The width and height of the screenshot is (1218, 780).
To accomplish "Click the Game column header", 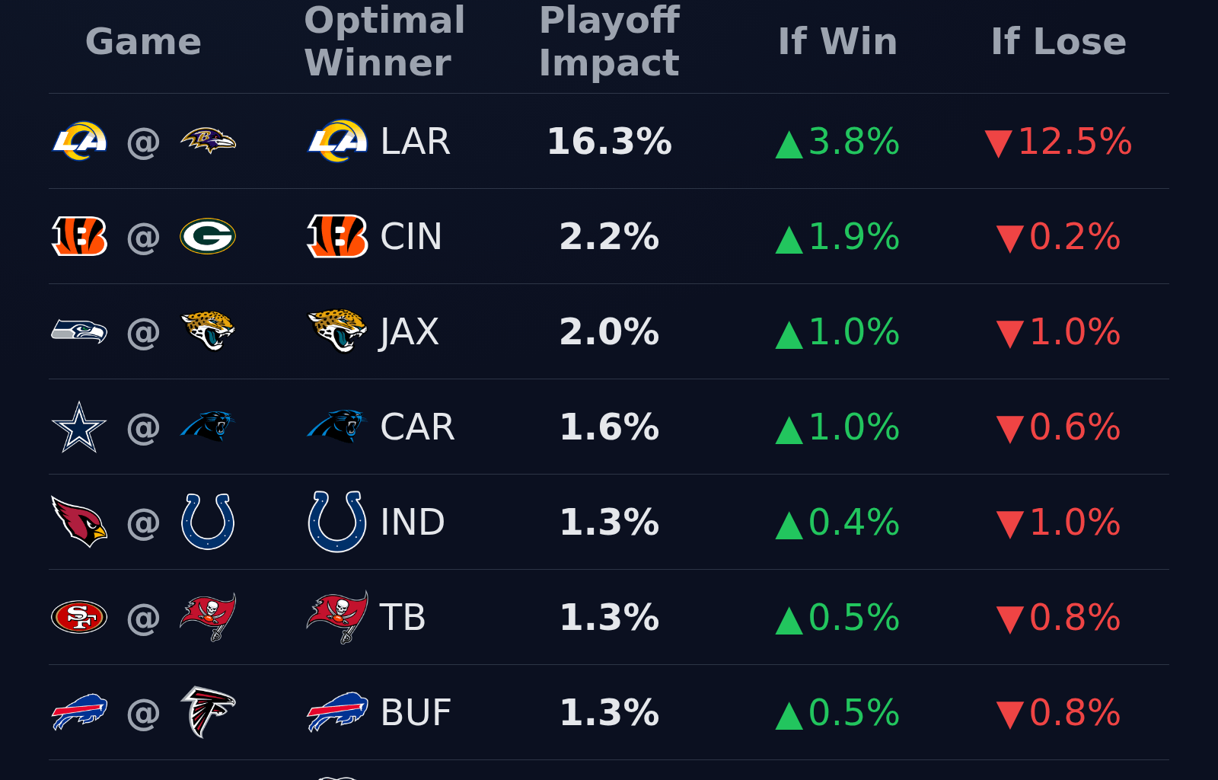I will coord(143,41).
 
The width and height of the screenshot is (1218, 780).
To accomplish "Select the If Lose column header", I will coord(1058,41).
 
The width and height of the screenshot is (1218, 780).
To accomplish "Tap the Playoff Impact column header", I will coord(609,41).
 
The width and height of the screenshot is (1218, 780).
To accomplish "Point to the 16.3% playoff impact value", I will coord(609,142).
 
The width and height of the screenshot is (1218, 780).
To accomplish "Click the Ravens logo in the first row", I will coord(208,141).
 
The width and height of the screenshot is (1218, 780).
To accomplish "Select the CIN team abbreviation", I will coord(411,237).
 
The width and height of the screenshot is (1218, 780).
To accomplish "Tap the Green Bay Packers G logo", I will coord(208,236).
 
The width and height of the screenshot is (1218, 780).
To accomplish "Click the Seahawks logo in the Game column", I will coord(79,331).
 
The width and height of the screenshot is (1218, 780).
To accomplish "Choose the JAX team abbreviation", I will coord(410,332).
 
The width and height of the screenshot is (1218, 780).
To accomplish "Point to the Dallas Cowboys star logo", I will coord(79,427).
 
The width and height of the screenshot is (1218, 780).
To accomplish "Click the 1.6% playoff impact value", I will coord(609,427).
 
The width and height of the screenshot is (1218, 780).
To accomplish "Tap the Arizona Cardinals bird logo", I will coord(79,522).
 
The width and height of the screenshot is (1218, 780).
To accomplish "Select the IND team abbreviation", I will coord(413,523).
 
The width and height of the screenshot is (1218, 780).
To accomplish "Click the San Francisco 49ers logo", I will coord(79,617).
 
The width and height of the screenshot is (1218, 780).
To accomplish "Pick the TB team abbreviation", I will coord(403,618).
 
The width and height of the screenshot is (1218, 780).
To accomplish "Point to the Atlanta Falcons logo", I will coord(208,712).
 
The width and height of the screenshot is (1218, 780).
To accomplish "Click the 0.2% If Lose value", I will coord(1074,237).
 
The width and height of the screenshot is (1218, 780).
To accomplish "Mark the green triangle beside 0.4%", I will coord(789,526).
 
